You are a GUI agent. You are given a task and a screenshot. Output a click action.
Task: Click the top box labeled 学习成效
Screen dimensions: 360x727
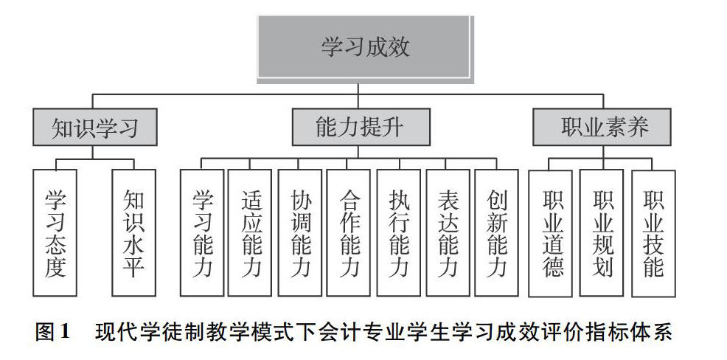click(x=364, y=47)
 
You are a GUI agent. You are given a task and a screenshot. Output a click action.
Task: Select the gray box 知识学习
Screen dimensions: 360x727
click(x=95, y=128)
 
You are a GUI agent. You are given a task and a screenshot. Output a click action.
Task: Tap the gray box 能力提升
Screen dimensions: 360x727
click(x=358, y=128)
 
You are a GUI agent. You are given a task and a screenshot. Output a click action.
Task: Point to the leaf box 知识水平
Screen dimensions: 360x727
click(x=133, y=232)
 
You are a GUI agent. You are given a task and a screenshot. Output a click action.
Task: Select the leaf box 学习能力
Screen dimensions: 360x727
click(x=202, y=232)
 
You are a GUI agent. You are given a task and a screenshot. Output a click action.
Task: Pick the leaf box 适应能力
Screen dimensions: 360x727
click(x=251, y=232)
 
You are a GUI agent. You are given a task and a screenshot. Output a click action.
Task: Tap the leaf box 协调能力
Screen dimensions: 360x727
click(x=300, y=232)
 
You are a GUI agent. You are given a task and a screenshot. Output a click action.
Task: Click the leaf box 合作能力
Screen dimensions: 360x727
click(x=349, y=232)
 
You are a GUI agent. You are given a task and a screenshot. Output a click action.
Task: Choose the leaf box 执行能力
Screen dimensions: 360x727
click(x=399, y=232)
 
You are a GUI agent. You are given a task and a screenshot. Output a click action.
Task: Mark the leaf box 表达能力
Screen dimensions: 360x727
click(x=448, y=232)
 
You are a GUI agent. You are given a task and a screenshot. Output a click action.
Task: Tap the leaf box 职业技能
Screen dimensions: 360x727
click(x=653, y=232)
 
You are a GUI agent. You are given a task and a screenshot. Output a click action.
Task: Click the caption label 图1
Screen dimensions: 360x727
click(x=52, y=332)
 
